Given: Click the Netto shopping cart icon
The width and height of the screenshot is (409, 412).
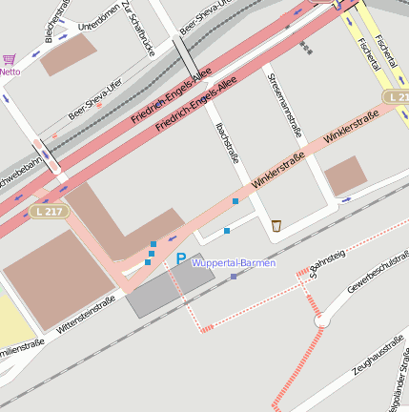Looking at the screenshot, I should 10,59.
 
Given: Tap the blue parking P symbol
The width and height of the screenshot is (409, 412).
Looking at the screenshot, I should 180,258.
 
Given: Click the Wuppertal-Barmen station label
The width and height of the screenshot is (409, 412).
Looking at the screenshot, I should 234,263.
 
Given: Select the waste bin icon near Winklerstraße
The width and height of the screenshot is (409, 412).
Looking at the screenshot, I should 276,225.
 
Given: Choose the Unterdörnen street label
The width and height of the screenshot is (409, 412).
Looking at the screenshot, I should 98,19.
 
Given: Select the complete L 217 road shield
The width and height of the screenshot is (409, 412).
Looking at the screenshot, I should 47,210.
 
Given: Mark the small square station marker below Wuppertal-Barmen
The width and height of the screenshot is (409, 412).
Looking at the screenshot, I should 234,277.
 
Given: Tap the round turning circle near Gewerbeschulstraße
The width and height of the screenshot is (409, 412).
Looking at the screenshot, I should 321,321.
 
